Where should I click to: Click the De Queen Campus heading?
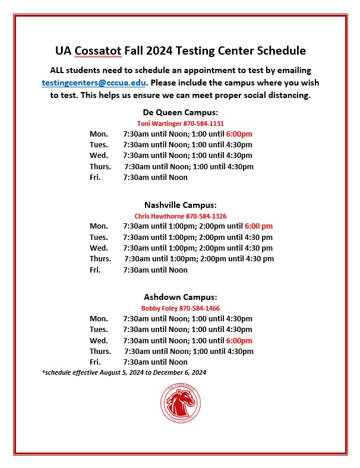[180, 112]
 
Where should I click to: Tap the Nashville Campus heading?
[180, 205]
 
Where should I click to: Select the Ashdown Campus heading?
[180, 297]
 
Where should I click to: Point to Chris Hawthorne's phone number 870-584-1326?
[206, 216]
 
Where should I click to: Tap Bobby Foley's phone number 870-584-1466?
[199, 308]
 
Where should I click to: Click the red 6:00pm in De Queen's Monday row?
[239, 134]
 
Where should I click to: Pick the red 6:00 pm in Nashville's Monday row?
[258, 226]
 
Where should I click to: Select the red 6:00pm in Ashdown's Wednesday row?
[239, 340]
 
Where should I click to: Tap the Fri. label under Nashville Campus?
[96, 270]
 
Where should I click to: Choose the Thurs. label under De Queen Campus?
[100, 166]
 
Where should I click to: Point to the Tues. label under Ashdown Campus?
[99, 329]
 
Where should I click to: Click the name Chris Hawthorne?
[159, 216]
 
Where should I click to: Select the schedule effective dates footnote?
[124, 372]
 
